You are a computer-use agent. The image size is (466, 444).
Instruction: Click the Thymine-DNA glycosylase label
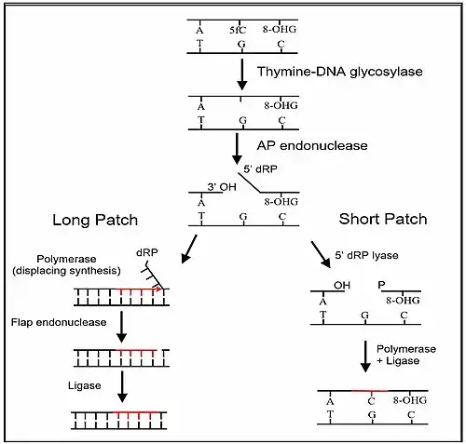pos(340,72)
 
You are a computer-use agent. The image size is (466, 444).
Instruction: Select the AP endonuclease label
pos(312,145)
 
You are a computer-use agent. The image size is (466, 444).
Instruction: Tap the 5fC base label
pos(238,30)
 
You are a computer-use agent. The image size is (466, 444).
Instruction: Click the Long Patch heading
pos(95,220)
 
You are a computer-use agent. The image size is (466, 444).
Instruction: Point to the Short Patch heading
pos(383,219)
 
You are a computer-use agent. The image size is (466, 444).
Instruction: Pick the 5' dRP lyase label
pos(366,255)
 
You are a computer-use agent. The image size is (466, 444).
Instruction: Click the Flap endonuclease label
pos(59,322)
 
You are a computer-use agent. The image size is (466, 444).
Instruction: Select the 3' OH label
pos(222,187)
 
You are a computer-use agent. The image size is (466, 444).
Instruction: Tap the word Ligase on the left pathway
pos(85,385)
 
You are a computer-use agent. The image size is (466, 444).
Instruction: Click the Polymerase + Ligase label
pos(406,355)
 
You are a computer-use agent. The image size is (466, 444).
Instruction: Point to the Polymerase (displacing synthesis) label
pos(66,264)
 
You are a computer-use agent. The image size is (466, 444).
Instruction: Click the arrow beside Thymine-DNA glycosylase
pos(242,74)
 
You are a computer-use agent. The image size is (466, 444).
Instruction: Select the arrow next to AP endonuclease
pos(237,149)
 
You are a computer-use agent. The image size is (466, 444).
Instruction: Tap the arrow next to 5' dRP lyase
pos(321,254)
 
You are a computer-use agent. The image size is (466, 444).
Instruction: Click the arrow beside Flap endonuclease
pos(121,327)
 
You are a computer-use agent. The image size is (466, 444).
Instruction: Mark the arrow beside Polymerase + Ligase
pos(365,357)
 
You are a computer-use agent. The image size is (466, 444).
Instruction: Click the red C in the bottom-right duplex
pos(372,401)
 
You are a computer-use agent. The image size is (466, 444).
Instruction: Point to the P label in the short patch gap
pos(381,285)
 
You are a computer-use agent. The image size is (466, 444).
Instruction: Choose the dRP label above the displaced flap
pos(147,252)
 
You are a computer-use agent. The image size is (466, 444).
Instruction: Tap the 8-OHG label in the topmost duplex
pos(280,29)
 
